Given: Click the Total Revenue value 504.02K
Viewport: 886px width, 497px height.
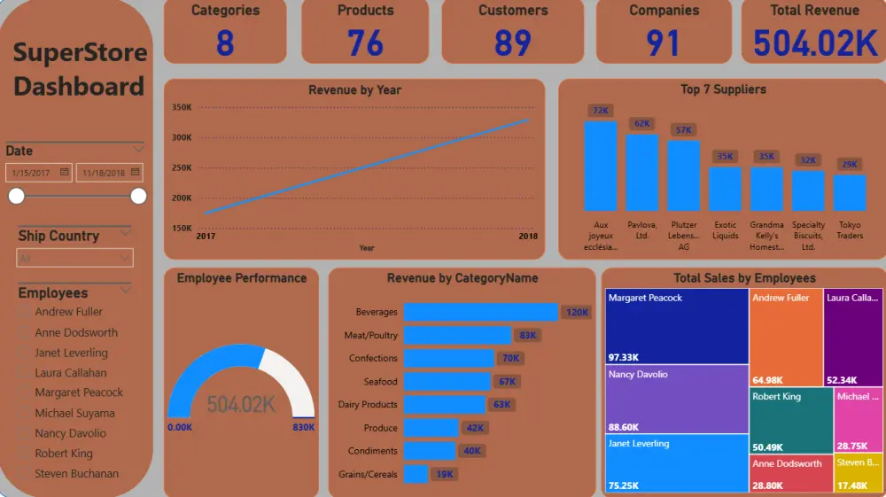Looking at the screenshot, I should [x=814, y=43].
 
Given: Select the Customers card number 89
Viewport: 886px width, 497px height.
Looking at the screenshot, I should [x=513, y=43].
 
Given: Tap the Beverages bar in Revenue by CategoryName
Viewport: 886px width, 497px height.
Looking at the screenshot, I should [x=480, y=312].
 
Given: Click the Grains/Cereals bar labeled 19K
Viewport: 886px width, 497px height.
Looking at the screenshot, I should [x=416, y=474].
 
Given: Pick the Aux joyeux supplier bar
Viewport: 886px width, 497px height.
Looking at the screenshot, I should [x=600, y=165].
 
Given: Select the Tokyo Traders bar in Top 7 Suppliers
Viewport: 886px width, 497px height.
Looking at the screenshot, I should [x=850, y=192].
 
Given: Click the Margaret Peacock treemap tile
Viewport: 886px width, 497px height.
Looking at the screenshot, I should [x=677, y=326].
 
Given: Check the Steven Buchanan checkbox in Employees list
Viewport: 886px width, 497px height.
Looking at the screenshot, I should [x=25, y=474].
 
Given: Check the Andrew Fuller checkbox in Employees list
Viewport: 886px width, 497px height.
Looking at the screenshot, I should [x=25, y=312].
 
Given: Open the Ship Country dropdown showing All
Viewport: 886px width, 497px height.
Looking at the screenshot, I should [x=75, y=258].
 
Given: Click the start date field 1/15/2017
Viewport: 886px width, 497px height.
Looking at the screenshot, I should [x=38, y=173].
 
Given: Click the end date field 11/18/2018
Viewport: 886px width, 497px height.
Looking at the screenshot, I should [x=109, y=173].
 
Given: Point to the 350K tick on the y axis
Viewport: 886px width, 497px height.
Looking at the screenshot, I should [x=182, y=107].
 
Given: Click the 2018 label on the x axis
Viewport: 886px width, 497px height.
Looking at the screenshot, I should [x=528, y=237].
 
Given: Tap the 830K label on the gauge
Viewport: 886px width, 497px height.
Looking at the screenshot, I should [x=303, y=428].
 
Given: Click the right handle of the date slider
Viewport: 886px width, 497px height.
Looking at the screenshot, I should [x=138, y=196].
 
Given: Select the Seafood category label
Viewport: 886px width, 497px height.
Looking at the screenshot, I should [x=380, y=381].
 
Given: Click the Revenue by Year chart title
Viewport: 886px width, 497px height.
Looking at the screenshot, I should [x=354, y=89].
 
